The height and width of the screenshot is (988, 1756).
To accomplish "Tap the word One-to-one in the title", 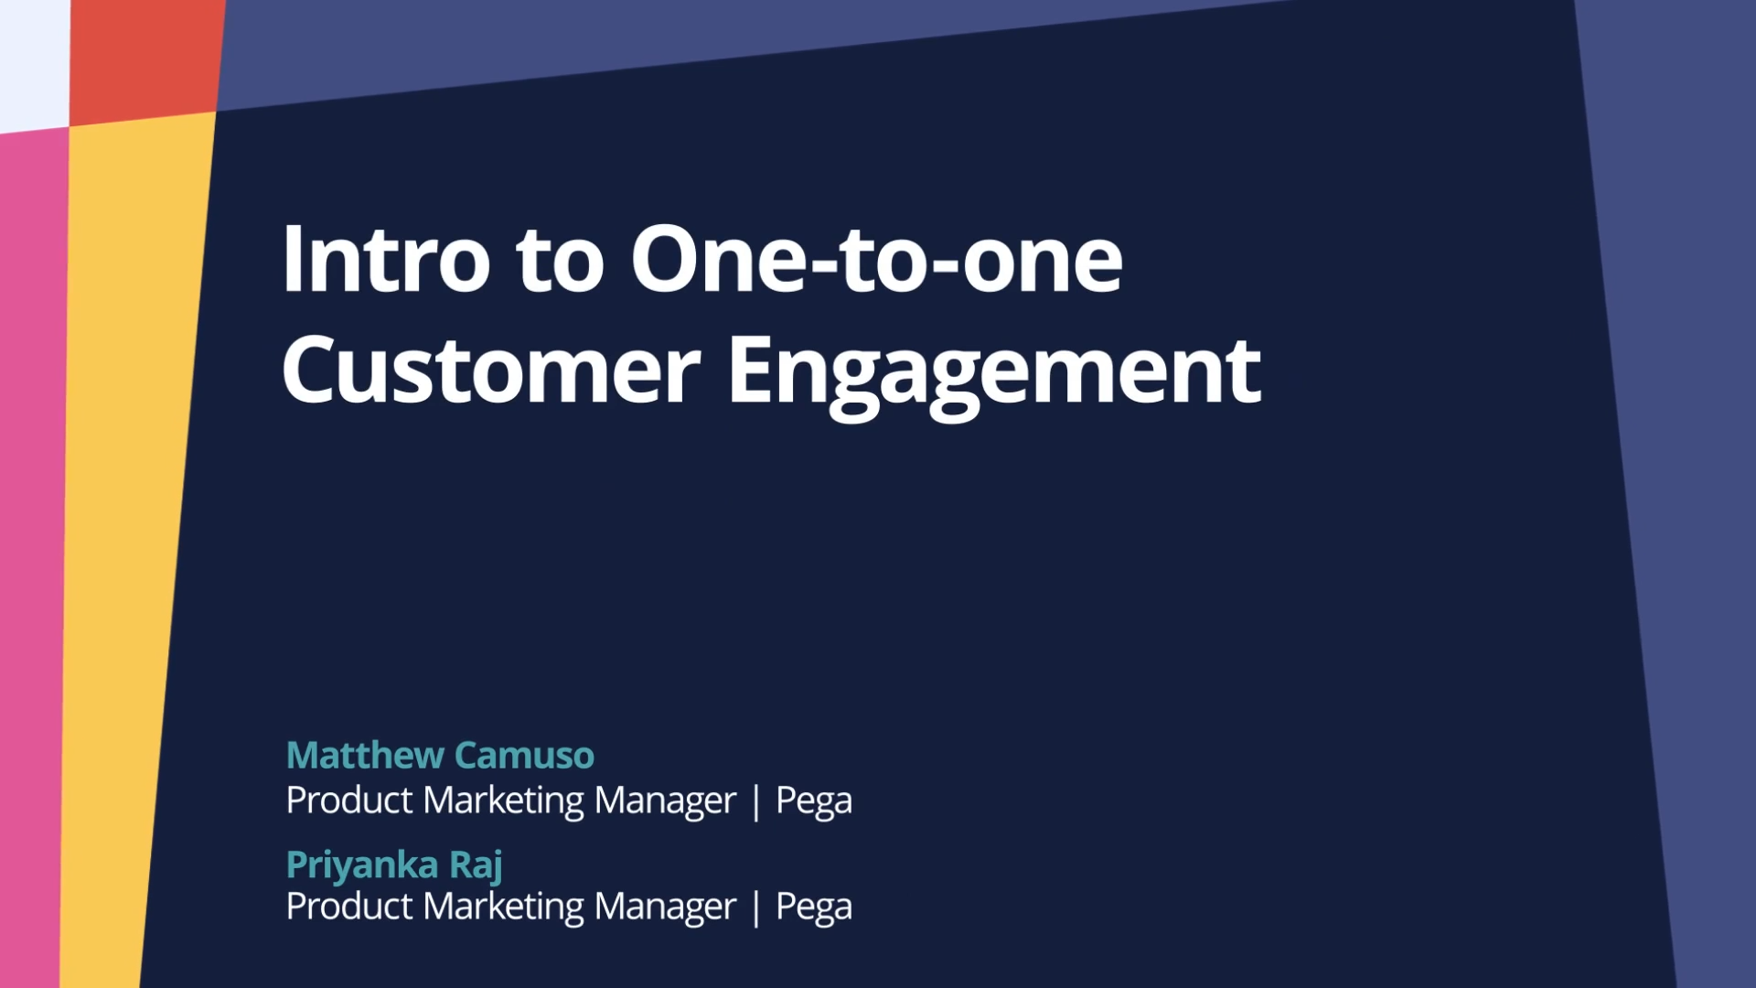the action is [876, 260].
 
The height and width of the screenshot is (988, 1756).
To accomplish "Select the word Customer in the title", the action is [491, 370].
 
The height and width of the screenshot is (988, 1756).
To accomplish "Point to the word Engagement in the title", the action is [995, 375].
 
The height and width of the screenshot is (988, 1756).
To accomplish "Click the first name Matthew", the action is [365, 756].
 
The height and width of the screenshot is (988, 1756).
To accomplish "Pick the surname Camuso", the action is [524, 756].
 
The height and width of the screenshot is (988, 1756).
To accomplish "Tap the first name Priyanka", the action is [362, 865].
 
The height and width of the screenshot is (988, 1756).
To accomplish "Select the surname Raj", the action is [476, 865].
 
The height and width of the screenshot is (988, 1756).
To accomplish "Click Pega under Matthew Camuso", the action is [814, 802].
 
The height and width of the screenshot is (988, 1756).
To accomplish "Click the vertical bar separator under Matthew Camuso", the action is [755, 802].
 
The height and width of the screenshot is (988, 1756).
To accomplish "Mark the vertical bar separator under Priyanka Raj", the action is [755, 908].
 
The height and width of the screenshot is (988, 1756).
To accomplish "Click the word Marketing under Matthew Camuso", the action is [504, 802].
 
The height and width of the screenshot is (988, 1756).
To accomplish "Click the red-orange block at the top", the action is [146, 59].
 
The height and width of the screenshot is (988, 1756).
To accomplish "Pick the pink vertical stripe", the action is [33, 558].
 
